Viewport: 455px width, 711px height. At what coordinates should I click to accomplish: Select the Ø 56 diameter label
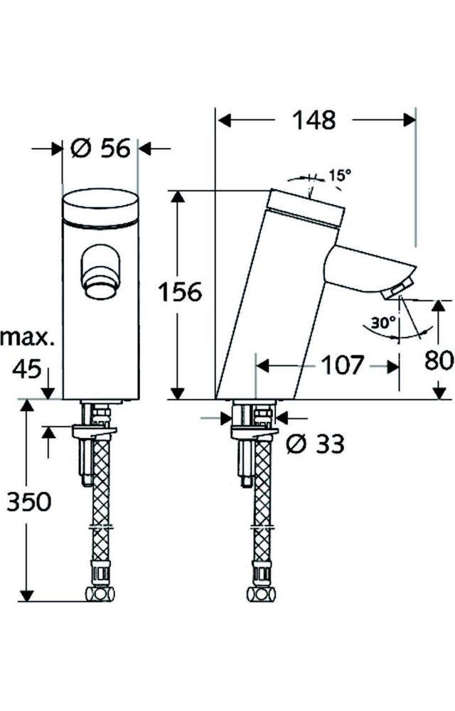click(101, 149)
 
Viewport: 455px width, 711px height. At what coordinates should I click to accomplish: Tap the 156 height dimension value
click(180, 292)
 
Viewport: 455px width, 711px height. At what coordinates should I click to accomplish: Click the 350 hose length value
click(29, 502)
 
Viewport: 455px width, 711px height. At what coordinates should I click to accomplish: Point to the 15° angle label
click(339, 175)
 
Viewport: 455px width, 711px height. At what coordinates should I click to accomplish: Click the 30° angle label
click(382, 322)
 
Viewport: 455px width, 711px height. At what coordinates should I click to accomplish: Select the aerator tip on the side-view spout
click(396, 289)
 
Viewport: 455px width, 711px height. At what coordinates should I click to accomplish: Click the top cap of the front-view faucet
click(100, 206)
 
